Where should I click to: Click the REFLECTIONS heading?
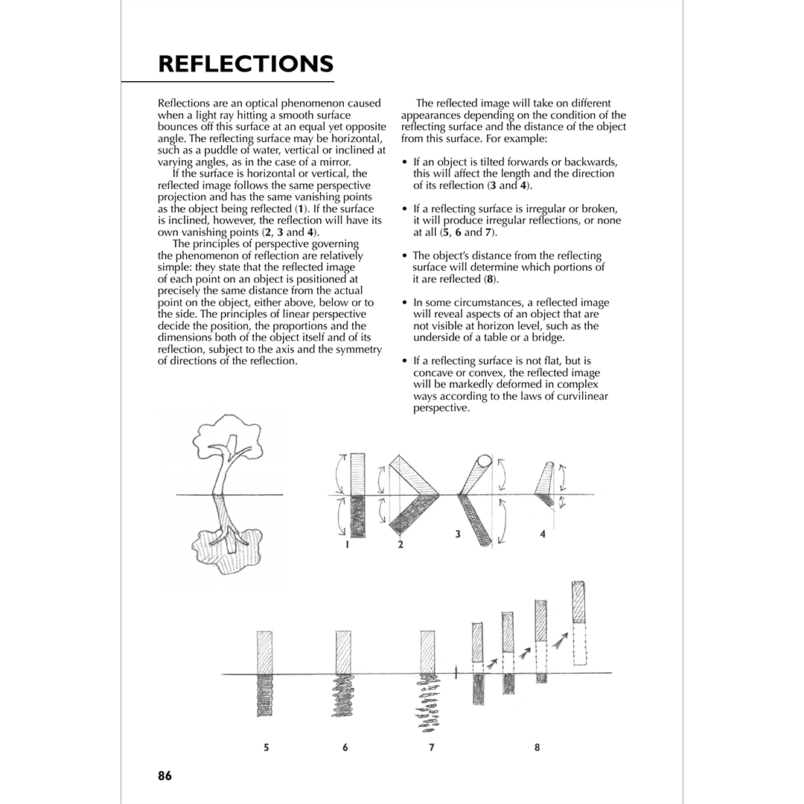point(246,63)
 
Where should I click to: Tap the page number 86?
point(165,776)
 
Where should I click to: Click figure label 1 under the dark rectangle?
point(347,545)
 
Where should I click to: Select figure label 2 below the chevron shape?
point(401,545)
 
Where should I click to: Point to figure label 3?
point(458,534)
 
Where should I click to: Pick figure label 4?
point(543,534)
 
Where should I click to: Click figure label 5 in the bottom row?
point(267,747)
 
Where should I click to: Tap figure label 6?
point(345,747)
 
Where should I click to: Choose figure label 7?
point(432,747)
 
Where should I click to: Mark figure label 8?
point(537,747)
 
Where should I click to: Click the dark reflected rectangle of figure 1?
point(358,516)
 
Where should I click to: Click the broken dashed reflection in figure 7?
point(428,703)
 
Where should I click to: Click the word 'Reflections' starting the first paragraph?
point(183,103)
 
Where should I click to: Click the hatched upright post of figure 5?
point(266,652)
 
